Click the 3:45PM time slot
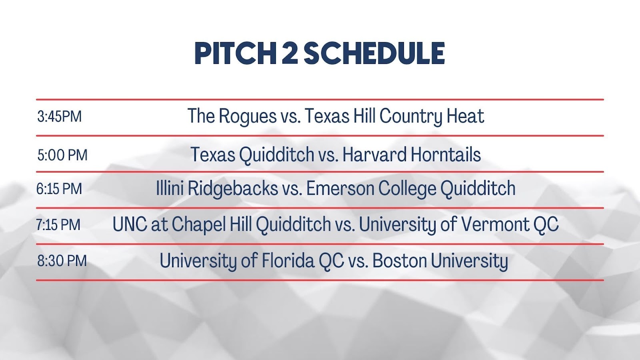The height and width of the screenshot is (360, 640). [60, 116]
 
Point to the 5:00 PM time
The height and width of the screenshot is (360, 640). [62, 155]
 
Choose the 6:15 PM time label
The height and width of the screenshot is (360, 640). [59, 189]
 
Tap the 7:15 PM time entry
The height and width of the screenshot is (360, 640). [58, 224]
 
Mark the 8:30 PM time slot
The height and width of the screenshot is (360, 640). [62, 261]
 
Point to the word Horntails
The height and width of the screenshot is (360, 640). [446, 154]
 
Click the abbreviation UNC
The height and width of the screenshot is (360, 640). [130, 224]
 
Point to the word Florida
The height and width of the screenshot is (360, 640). [286, 260]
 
